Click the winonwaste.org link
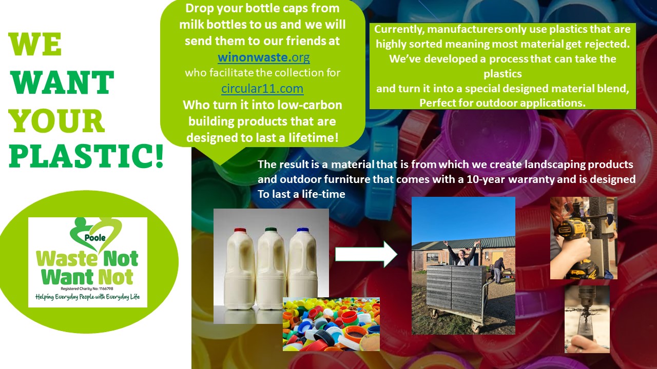264,56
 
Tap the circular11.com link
262,89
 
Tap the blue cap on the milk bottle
302,230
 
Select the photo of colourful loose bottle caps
331,324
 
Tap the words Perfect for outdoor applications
502,102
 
